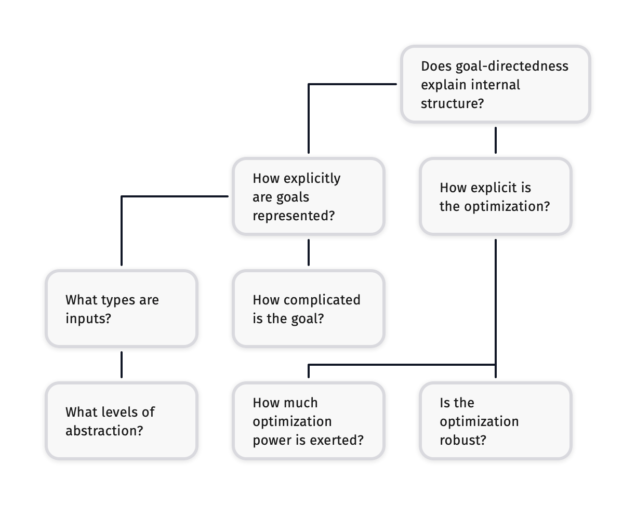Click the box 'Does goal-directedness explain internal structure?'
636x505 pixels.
496,84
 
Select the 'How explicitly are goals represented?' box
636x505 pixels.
309,196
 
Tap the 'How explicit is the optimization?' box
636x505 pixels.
496,196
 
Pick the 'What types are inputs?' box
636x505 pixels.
122,309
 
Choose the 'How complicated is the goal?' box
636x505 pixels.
309,309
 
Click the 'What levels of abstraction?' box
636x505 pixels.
122,421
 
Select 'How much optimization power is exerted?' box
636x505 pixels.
309,421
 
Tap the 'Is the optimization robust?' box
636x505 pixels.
496,421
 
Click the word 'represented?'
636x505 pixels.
294,216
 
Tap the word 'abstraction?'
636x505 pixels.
104,431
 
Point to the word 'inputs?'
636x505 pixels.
88,318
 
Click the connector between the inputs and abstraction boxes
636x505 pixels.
122,364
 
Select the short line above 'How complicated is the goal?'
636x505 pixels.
309,252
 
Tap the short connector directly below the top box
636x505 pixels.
496,140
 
